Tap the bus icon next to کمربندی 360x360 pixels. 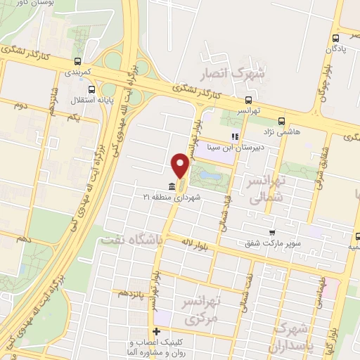[x=77, y=60]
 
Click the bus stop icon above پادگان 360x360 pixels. [x=337, y=38]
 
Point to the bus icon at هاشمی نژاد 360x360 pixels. [x=281, y=120]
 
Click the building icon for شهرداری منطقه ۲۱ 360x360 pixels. [x=173, y=186]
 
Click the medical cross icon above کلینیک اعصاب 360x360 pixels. [x=156, y=331]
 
